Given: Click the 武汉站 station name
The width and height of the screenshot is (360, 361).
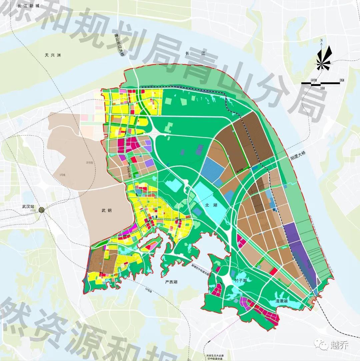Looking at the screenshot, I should pos(29,207).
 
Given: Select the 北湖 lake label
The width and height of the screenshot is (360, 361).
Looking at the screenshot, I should pos(211,205).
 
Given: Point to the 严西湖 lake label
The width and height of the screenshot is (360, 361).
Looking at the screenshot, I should pos(171,282).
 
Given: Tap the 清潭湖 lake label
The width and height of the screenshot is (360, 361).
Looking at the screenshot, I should pos(282,301).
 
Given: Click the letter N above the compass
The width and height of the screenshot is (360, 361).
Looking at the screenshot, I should pos(321,41).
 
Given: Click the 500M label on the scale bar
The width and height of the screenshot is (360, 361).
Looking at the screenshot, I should pos(313,80).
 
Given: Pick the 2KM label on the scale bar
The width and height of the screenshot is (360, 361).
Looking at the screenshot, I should pos(341,80).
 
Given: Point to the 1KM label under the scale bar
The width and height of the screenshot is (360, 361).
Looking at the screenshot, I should pos(322,88).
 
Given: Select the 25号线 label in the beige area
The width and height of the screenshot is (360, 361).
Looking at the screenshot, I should pos(88,163).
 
